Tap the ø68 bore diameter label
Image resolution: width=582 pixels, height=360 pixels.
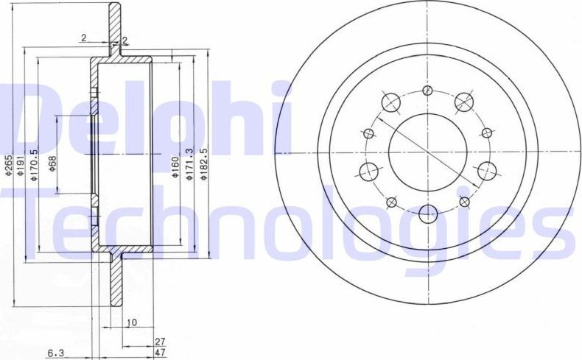(53, 163)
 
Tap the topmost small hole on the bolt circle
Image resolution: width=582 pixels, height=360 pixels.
(427, 91)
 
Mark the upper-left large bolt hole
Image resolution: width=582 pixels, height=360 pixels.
(390, 101)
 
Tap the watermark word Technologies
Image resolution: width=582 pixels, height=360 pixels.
(287, 217)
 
